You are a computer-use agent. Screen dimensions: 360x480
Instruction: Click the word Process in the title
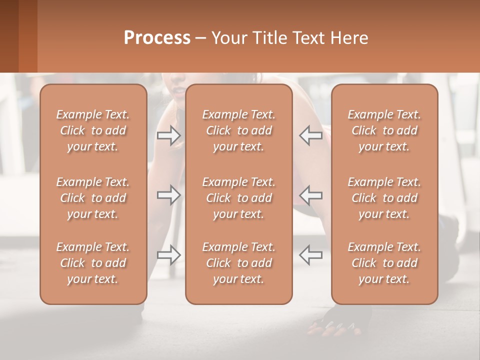(157, 38)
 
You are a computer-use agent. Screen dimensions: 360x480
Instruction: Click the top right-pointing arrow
(169, 135)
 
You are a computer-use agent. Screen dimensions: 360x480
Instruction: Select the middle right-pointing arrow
(169, 195)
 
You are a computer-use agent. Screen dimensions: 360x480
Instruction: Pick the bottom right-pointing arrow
(169, 255)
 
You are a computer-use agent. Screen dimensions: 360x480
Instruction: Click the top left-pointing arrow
(310, 135)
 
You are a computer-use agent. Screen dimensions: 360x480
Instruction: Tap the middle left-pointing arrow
(310, 195)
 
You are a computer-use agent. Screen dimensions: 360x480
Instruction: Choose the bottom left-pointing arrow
(310, 255)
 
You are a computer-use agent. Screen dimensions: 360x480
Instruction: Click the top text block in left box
(93, 130)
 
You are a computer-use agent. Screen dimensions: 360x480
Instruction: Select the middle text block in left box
(93, 198)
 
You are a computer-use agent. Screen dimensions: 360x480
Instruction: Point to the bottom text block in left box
(93, 263)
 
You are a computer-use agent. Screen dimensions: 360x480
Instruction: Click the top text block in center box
(238, 130)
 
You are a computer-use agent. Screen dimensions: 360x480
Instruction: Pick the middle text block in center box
(238, 198)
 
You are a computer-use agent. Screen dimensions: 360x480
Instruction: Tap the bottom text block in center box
(238, 263)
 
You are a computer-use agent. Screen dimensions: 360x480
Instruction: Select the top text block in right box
(384, 130)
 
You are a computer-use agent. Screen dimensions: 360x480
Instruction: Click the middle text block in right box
(384, 198)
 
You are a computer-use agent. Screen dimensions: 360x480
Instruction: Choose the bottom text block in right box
(384, 263)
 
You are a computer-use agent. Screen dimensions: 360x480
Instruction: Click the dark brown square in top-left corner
(9, 36)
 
